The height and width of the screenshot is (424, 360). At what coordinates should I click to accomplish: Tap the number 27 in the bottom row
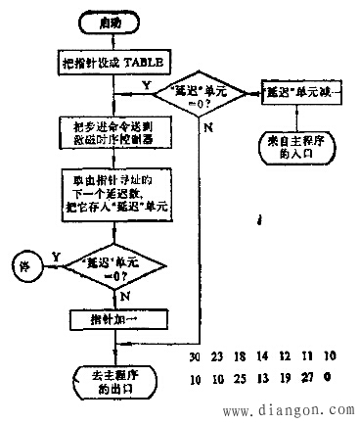click(x=310, y=377)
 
